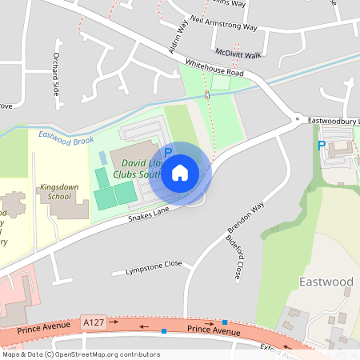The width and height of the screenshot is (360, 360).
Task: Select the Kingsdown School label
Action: point(59,191)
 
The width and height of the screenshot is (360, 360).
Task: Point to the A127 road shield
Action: point(93,322)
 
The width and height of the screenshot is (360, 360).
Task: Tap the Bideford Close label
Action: point(234,258)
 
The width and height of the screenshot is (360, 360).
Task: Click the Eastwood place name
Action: point(326,282)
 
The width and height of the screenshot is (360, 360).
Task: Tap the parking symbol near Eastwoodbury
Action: point(322,146)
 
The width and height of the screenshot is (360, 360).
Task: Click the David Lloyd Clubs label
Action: point(137,166)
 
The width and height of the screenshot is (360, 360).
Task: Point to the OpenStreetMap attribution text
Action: point(80,354)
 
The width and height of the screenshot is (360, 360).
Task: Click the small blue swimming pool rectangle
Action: point(102,155)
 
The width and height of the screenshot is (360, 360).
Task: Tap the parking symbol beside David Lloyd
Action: point(168,152)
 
